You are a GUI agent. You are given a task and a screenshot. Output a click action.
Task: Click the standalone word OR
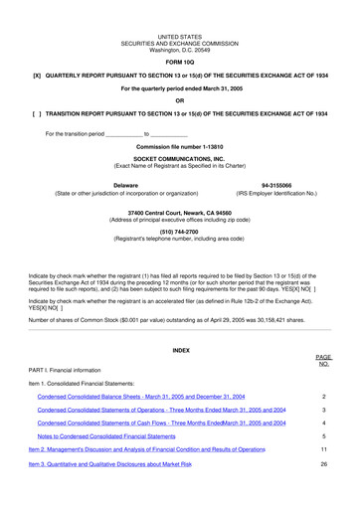[x=180, y=101]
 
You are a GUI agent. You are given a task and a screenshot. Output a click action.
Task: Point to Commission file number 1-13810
[x=180, y=147]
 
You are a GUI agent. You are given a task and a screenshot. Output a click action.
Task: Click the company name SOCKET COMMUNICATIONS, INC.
[x=180, y=159]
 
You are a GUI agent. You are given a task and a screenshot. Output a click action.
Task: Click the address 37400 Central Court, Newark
[x=180, y=213]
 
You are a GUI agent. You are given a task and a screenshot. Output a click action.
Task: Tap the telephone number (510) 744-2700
[x=180, y=232]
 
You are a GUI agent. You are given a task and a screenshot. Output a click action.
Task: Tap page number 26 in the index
[x=324, y=464]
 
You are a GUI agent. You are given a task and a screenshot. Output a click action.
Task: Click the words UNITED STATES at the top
[x=180, y=36]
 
